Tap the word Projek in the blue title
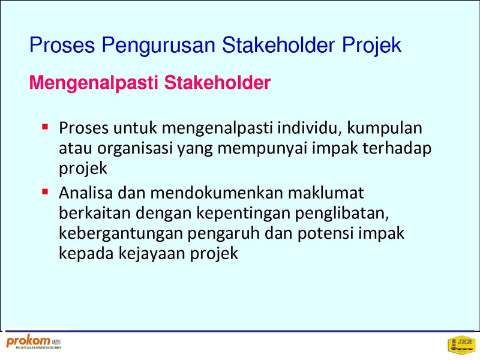[x=371, y=46]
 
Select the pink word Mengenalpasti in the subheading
[x=94, y=83]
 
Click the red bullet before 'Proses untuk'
[x=45, y=127]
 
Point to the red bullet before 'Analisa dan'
[x=45, y=191]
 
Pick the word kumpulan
[x=385, y=128]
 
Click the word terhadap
[x=397, y=149]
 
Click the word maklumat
[x=326, y=193]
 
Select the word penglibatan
[x=342, y=214]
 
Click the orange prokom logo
[x=34, y=342]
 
